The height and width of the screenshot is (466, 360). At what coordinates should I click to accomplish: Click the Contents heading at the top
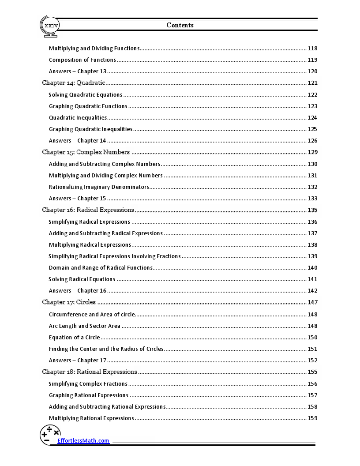[x=180, y=25]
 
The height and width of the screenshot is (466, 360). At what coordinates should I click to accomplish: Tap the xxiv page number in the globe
[x=51, y=26]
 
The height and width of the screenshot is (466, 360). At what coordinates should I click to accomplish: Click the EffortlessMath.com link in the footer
[x=83, y=440]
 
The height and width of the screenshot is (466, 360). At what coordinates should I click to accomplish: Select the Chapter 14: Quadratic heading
[x=74, y=83]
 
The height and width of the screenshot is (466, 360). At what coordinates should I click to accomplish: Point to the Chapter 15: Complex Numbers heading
[x=86, y=152]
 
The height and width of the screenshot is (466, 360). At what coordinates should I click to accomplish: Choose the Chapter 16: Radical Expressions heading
[x=88, y=210]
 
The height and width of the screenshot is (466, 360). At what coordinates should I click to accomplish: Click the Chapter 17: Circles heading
[x=69, y=302]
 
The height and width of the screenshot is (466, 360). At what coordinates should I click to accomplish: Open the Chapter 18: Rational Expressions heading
[x=90, y=372]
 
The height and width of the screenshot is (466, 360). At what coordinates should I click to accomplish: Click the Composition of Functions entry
[x=82, y=60]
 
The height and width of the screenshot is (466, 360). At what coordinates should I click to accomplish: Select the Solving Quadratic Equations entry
[x=86, y=94]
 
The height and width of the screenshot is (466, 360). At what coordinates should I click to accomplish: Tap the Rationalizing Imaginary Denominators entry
[x=99, y=187]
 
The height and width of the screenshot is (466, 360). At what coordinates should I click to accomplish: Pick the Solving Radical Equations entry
[x=82, y=279]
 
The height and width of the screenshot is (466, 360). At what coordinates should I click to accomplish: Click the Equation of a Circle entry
[x=75, y=337]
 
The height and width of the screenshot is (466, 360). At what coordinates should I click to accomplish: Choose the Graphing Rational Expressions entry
[x=89, y=395]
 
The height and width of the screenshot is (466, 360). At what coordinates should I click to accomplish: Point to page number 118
[x=312, y=49]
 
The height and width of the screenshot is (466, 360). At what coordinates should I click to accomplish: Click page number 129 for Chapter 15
[x=312, y=152]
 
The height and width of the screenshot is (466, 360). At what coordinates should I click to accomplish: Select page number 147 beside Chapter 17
[x=312, y=302]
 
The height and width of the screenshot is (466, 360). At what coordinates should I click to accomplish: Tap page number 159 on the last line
[x=312, y=418]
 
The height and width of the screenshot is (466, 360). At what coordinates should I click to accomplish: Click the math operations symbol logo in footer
[x=50, y=435]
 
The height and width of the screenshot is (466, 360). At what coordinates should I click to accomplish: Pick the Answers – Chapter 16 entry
[x=78, y=290]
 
